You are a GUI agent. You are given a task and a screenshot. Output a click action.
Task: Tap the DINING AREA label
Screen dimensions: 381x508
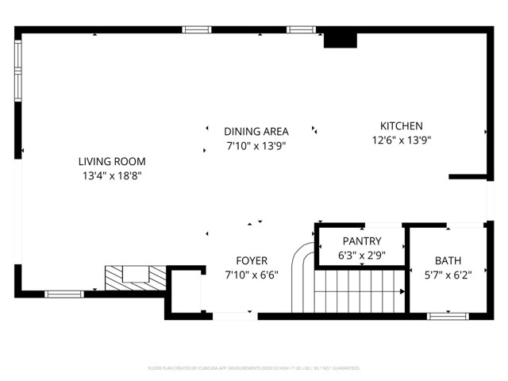[256, 132]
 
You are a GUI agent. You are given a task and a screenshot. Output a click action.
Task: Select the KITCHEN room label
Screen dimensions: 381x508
[401, 125]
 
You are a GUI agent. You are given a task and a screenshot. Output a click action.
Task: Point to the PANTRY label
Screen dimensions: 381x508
[362, 241]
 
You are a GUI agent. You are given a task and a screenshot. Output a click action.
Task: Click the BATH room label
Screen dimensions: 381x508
[448, 261]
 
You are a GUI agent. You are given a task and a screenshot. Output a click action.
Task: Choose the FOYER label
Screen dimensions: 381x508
[252, 260]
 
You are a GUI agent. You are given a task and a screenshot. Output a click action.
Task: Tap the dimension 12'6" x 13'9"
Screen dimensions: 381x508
[401, 140]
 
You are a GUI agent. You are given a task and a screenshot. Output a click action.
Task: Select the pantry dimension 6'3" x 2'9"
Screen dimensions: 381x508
[362, 256]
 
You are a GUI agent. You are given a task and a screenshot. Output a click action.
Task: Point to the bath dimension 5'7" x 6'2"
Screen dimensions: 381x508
[448, 275]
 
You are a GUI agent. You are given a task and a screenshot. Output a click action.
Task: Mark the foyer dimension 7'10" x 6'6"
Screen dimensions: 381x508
[252, 275]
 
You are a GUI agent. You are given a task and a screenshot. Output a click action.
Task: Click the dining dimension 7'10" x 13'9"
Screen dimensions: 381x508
[256, 146]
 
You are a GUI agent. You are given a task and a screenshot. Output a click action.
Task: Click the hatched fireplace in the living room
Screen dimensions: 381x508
[136, 276]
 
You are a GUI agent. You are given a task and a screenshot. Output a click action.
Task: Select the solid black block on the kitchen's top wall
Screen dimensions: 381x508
[340, 40]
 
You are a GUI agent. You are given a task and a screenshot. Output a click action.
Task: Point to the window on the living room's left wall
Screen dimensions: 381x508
[18, 69]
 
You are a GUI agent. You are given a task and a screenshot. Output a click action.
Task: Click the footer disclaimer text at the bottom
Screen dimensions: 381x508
[254, 368]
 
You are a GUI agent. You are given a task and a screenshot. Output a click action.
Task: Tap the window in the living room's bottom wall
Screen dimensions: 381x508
[64, 294]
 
